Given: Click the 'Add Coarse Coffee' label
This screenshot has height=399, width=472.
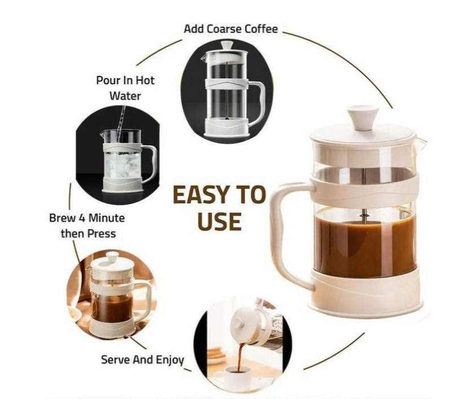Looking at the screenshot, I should [x=230, y=29].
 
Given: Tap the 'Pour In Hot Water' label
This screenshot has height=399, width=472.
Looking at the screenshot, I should [x=125, y=87].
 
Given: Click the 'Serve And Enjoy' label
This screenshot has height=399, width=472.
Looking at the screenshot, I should [x=142, y=359].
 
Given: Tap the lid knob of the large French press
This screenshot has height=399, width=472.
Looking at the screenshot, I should [x=362, y=116].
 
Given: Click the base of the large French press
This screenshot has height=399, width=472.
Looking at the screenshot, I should [x=365, y=293].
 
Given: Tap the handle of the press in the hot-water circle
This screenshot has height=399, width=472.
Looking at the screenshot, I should [x=149, y=163].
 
